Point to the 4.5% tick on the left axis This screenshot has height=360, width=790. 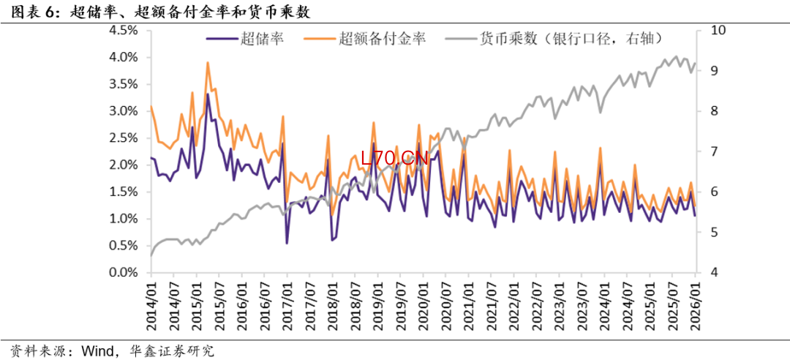123,31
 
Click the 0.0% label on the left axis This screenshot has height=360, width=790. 123,273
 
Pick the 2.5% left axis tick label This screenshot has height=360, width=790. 123,138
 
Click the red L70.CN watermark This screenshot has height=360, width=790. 394,157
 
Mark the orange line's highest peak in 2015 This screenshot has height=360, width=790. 208,63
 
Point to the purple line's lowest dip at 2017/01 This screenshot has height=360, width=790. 287,243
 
